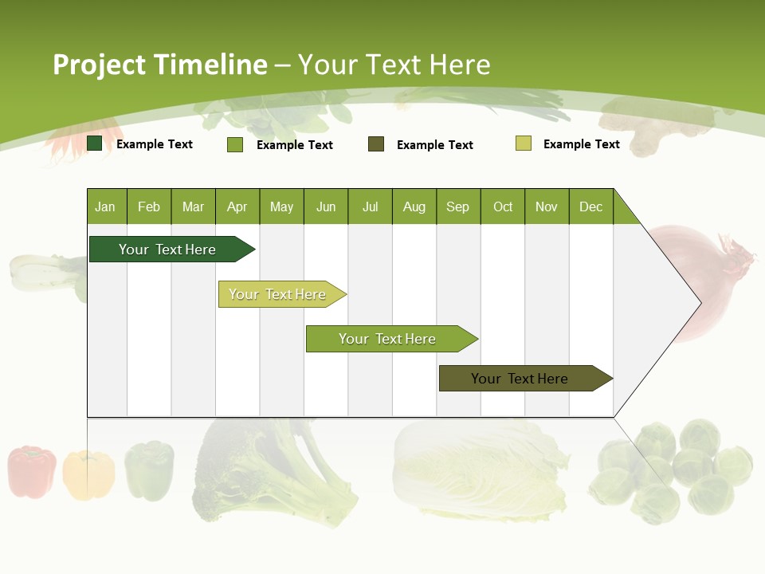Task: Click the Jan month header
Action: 106,206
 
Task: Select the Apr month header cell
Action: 237,206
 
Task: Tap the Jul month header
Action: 370,206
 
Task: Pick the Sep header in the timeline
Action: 458,206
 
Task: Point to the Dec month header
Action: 590,206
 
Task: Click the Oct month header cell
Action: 503,206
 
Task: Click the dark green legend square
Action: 95,143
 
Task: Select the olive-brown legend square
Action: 376,144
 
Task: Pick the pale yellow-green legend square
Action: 524,143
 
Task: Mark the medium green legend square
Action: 235,144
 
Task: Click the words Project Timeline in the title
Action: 160,65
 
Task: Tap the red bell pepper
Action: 32,471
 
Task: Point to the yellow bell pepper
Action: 88,474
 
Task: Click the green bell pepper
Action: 149,470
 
